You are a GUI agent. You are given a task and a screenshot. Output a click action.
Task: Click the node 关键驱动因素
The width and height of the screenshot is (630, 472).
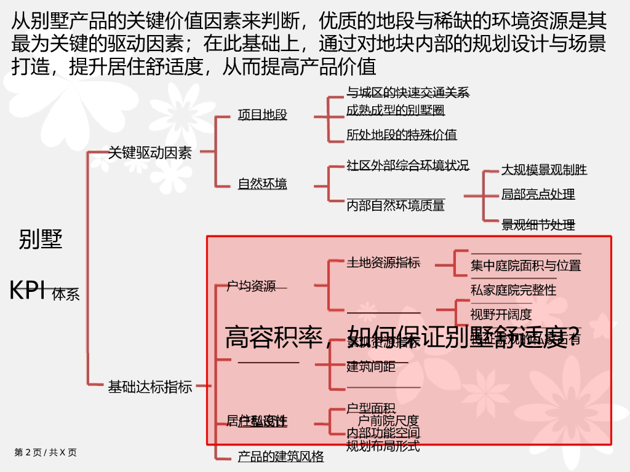(x=150, y=152)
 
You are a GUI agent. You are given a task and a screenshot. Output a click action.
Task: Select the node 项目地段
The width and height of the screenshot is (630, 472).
(x=262, y=114)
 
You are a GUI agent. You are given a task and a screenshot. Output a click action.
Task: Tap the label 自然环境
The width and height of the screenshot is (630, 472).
(x=262, y=184)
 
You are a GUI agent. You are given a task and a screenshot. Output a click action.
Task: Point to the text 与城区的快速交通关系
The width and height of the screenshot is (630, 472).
(x=407, y=93)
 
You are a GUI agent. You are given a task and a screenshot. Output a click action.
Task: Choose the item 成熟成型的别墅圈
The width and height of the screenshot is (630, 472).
(x=395, y=111)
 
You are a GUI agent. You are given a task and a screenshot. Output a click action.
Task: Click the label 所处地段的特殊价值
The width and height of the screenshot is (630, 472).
(x=401, y=135)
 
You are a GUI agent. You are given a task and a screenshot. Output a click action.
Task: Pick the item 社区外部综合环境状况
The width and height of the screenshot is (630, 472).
(x=407, y=165)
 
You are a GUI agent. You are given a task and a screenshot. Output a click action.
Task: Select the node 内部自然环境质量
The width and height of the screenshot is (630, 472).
(x=395, y=205)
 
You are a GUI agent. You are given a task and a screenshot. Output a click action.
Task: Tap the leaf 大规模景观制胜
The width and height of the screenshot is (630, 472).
(x=544, y=170)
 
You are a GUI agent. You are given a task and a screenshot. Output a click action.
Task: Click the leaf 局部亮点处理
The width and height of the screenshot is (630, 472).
(x=538, y=194)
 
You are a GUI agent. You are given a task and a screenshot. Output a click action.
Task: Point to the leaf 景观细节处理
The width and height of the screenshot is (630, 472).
(x=538, y=225)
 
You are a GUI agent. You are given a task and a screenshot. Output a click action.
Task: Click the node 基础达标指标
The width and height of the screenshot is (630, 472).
(x=150, y=387)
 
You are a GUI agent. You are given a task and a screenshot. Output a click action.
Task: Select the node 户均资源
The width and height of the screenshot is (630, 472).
(x=251, y=286)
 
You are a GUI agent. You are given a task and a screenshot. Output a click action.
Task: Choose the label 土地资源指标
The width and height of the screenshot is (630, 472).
(x=383, y=262)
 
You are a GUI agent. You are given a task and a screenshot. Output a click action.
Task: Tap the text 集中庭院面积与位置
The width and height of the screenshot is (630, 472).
(x=525, y=265)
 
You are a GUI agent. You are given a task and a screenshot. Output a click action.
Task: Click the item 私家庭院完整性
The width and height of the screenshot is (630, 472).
(x=513, y=290)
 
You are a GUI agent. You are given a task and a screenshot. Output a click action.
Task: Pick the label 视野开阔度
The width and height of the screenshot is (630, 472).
(x=501, y=315)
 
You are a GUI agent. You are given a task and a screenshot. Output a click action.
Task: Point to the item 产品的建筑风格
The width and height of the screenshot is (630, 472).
(x=281, y=457)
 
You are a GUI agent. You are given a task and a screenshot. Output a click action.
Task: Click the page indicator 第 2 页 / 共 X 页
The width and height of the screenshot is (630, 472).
(x=46, y=452)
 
